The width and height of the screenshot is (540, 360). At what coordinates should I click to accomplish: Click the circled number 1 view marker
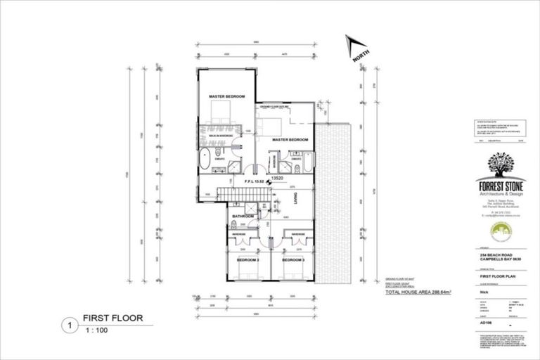coord(70,326)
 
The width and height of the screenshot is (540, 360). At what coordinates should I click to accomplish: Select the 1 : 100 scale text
coord(98,330)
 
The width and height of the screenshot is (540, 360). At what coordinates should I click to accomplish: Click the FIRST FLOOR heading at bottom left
coord(112,319)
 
